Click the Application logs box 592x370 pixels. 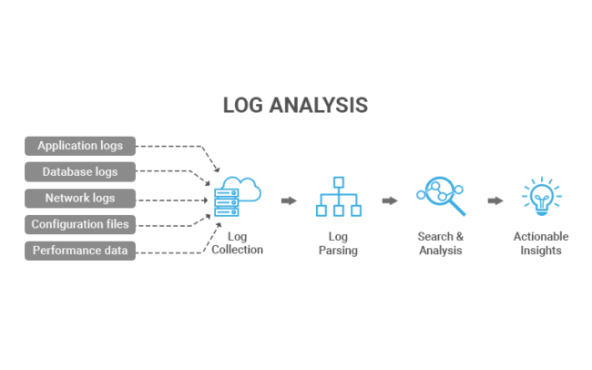(x=80, y=145)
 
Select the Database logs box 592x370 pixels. (x=80, y=171)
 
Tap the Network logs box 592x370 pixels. (x=80, y=198)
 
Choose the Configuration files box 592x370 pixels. (x=80, y=224)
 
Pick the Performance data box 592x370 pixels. (x=80, y=251)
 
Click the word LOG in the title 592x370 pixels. (x=243, y=106)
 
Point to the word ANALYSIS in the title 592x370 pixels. (x=319, y=106)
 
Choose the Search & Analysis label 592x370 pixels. (x=441, y=243)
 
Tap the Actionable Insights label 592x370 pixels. (x=540, y=243)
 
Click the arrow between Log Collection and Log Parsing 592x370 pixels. (x=289, y=200)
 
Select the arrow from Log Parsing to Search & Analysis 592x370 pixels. (x=390, y=200)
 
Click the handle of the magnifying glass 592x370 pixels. (x=457, y=209)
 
